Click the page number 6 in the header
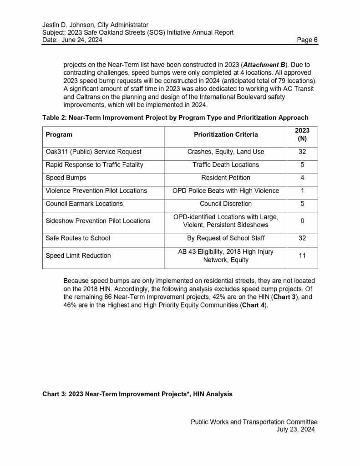[x=315, y=40]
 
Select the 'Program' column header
[x=59, y=134]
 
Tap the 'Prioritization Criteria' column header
[x=226, y=134]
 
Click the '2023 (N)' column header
[x=302, y=134]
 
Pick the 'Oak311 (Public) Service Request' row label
[x=93, y=152]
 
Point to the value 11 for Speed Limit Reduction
[x=302, y=256]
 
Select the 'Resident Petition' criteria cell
[x=226, y=178]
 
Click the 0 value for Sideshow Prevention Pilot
[x=302, y=221]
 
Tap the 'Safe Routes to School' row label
[x=78, y=238]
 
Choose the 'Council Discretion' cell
[x=226, y=204]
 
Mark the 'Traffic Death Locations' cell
[x=226, y=165]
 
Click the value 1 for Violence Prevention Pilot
[x=302, y=191]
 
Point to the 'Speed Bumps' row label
[x=66, y=178]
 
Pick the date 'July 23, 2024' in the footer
[x=295, y=430]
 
